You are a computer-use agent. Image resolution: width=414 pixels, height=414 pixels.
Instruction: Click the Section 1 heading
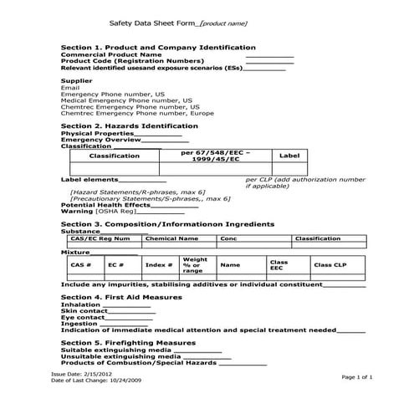[158, 48]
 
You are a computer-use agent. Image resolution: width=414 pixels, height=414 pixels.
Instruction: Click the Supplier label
[76, 80]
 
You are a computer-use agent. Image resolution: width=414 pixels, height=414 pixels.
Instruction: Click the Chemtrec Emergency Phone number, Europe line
[137, 113]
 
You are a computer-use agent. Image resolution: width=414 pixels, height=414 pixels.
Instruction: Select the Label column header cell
[289, 156]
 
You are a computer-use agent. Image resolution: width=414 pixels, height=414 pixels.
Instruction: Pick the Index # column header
[159, 265]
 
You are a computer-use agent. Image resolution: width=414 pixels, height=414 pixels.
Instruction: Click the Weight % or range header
[195, 265]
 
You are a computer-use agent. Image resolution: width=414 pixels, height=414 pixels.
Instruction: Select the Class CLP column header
[329, 265]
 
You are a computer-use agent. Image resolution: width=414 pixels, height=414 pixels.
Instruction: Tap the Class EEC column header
[278, 265]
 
